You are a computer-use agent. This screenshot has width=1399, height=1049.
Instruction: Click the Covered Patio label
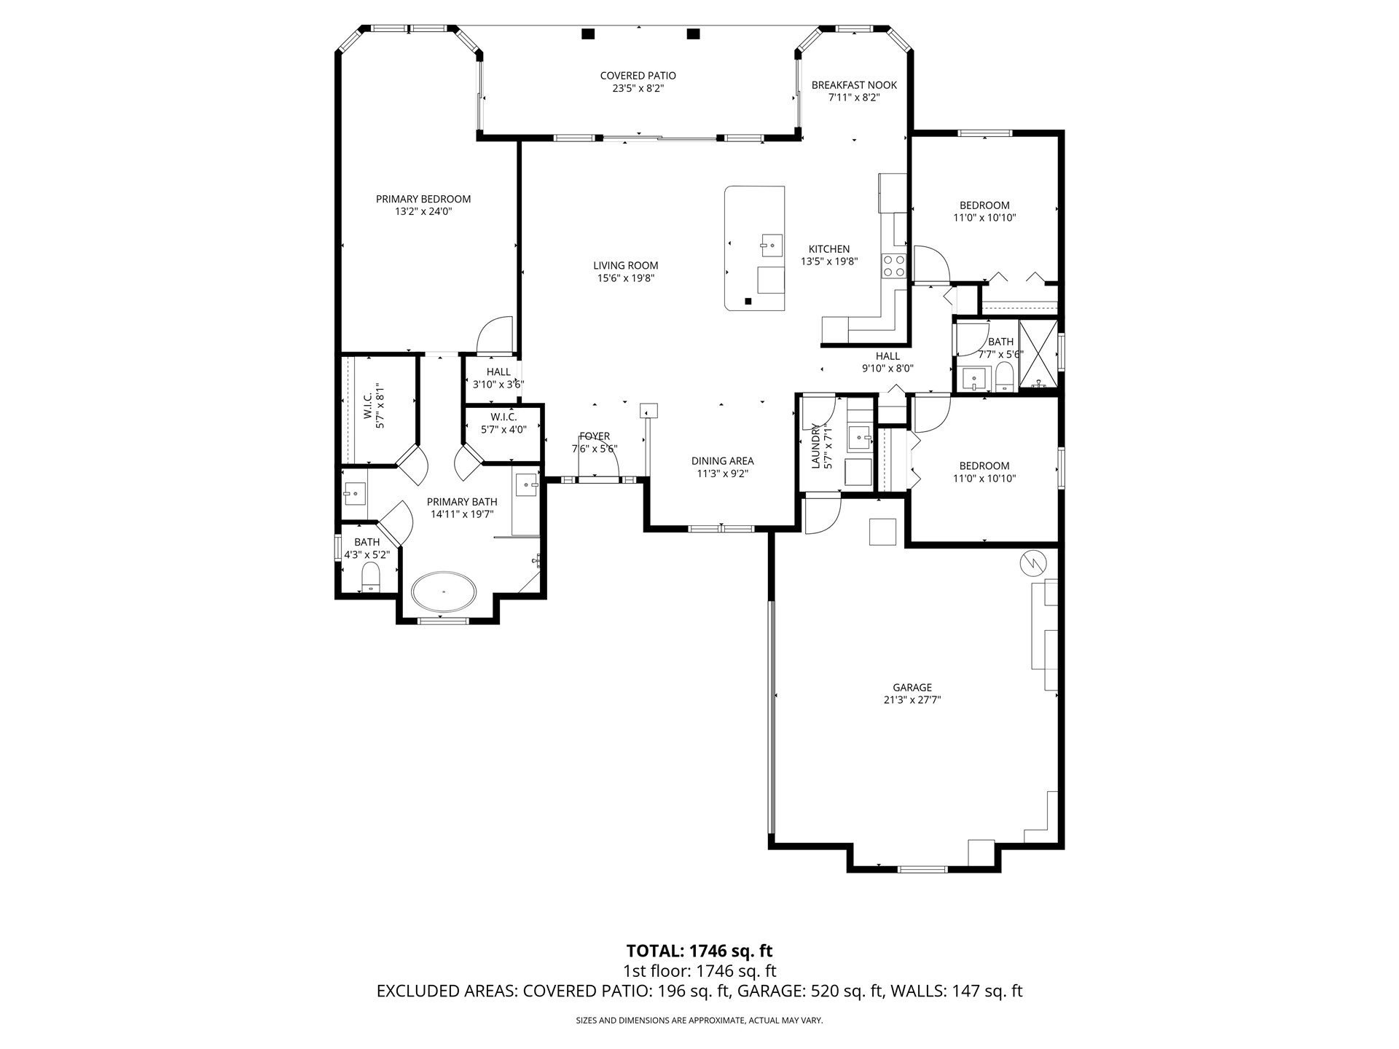(x=638, y=76)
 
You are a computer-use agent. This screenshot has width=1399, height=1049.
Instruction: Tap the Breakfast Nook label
(x=854, y=85)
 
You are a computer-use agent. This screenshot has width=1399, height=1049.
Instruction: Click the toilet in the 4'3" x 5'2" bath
(x=371, y=577)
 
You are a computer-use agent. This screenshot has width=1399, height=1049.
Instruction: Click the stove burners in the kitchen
(x=893, y=266)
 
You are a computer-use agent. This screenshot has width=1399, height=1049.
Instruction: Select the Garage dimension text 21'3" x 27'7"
(x=912, y=700)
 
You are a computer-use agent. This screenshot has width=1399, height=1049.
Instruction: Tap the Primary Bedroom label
(x=423, y=199)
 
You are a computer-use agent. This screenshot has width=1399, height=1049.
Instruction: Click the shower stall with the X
(x=1038, y=354)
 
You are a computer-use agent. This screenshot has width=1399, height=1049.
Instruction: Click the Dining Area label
(x=722, y=460)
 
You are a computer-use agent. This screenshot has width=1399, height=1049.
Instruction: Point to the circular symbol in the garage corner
(x=1033, y=562)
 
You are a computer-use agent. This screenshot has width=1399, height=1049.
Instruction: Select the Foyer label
(x=595, y=436)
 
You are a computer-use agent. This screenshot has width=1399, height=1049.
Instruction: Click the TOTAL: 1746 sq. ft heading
(x=699, y=951)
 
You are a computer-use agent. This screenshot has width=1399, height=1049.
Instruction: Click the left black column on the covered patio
(x=588, y=34)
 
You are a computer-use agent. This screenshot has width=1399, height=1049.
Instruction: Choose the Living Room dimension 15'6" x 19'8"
(x=625, y=278)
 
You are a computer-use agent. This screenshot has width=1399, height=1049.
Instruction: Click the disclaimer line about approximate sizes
(x=699, y=1021)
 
